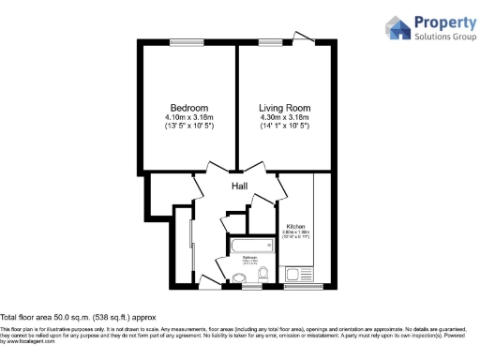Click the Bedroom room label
[189, 107]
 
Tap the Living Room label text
[285, 107]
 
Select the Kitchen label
[296, 226]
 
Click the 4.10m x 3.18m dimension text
[189, 116]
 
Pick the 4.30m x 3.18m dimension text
[285, 116]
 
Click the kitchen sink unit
[299, 275]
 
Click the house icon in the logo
[397, 28]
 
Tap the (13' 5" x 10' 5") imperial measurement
[189, 126]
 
